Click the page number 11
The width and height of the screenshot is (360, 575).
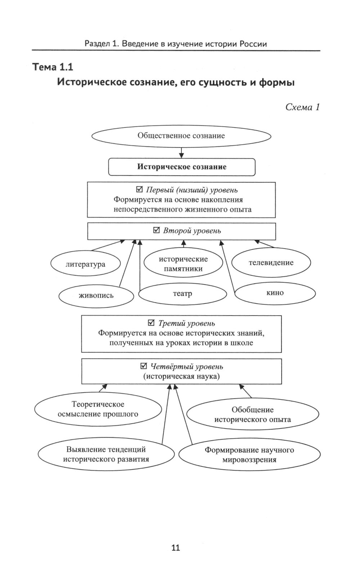click(176, 548)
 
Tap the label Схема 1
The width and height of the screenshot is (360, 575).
click(302, 107)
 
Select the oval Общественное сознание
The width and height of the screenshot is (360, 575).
click(181, 136)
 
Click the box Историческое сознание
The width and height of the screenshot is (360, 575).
click(182, 167)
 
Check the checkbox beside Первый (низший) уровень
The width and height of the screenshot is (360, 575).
click(140, 189)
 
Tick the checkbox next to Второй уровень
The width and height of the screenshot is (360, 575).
click(157, 230)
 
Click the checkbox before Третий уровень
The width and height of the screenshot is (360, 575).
click(152, 323)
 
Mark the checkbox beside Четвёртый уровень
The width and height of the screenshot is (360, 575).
click(144, 366)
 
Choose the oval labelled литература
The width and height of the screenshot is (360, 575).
click(85, 264)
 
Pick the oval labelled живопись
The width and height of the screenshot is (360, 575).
click(96, 296)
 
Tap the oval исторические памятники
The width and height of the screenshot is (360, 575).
click(183, 264)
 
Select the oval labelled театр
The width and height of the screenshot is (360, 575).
click(183, 294)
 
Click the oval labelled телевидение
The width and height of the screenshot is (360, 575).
click(271, 263)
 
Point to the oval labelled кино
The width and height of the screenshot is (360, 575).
click(275, 293)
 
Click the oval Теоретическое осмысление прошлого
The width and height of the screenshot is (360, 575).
click(98, 409)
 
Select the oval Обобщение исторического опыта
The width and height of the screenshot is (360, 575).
click(253, 415)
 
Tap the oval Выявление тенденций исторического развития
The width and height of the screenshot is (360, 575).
click(106, 454)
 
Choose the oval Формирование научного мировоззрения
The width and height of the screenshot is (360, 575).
click(249, 455)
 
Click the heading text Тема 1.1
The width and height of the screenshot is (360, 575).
click(53, 67)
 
